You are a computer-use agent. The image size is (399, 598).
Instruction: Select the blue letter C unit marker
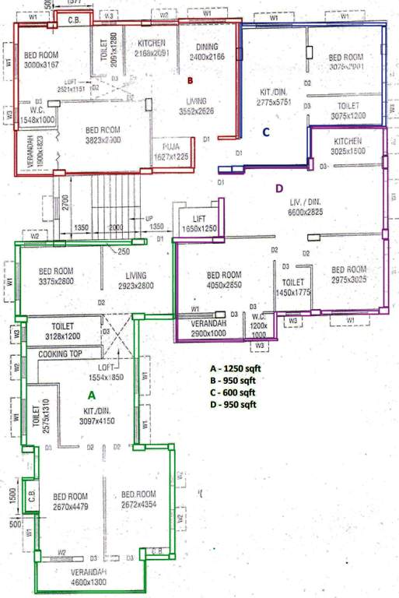265,132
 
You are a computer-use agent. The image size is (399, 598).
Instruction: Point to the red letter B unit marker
189,79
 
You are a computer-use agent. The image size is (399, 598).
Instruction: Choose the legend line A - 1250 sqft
232,368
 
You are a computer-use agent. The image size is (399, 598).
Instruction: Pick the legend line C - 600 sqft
232,392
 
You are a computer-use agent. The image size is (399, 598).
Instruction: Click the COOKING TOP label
58,353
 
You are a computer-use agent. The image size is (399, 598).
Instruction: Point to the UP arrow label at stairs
148,219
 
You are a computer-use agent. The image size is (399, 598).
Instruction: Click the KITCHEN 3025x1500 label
348,146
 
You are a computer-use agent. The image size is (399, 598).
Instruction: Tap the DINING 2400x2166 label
207,52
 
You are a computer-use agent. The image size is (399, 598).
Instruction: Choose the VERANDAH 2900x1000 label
208,327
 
